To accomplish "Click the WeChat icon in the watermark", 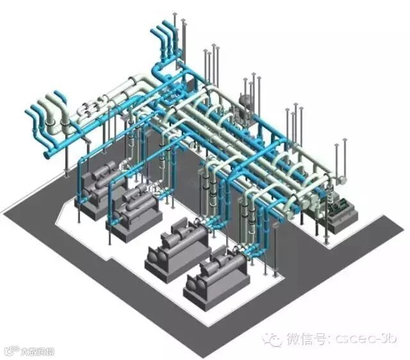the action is [x=274, y=338].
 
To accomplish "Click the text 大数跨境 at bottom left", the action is [x=37, y=352].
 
